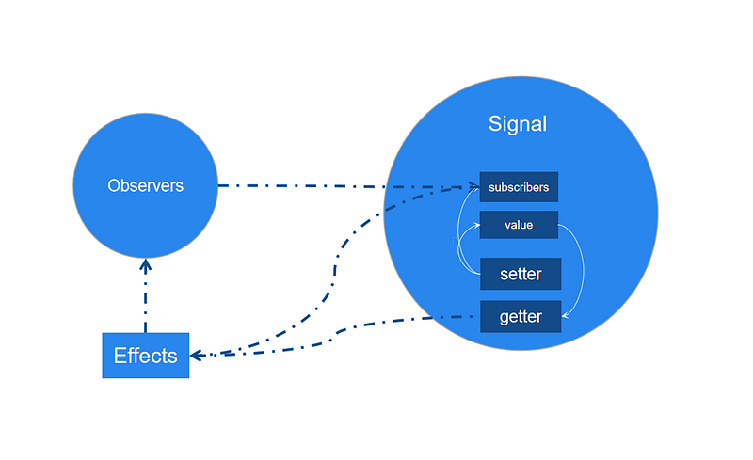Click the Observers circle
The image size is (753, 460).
[146, 186]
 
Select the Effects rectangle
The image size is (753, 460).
[146, 356]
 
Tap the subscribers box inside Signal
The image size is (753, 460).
[519, 187]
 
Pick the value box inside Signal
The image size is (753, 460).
[519, 225]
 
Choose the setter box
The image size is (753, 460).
[521, 274]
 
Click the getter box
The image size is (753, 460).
[521, 316]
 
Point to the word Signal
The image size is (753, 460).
[517, 124]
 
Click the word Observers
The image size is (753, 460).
[146, 186]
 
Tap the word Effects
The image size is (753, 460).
[146, 356]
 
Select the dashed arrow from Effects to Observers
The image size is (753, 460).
[146, 295]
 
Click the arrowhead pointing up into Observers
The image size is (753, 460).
[146, 264]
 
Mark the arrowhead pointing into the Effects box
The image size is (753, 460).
[197, 356]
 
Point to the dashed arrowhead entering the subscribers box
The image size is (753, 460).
[473, 187]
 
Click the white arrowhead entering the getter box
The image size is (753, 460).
[566, 316]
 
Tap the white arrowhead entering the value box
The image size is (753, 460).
[476, 225]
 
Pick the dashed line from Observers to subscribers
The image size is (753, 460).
[348, 186]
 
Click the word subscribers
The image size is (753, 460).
[519, 187]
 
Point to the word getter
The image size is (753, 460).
[521, 317]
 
